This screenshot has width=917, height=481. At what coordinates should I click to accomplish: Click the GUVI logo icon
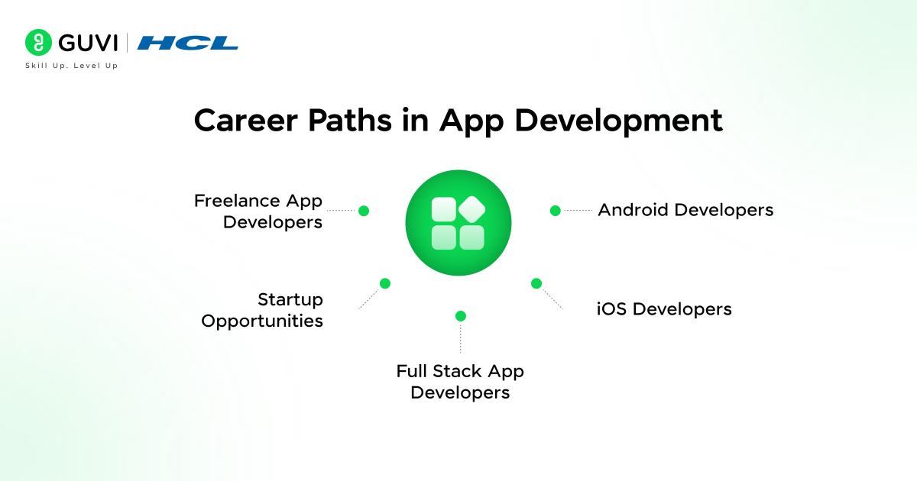coord(37,43)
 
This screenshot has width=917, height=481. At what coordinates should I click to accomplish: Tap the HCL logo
coord(187,43)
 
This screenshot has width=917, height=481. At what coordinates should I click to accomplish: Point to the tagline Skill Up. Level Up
coord(72,66)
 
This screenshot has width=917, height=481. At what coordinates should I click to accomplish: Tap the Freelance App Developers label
coord(258,211)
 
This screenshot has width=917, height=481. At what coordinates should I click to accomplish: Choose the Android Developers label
coord(685,209)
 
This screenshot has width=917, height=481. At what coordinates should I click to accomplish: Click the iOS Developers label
coord(664,309)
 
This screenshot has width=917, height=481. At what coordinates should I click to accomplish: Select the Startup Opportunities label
coord(262,310)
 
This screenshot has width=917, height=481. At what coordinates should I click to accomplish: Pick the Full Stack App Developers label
coord(460,382)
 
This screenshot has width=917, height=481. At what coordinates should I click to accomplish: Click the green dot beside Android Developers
coord(556,210)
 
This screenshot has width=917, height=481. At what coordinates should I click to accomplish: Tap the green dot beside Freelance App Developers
coord(364,211)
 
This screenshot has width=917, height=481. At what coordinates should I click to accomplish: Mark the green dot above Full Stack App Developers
coord(460,316)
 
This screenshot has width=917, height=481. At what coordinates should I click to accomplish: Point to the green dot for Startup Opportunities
coord(385,283)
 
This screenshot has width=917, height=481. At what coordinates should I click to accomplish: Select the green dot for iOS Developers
coord(536,283)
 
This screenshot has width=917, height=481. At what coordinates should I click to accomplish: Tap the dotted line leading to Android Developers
coord(578,210)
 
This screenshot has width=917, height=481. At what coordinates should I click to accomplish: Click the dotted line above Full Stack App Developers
coord(460,337)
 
